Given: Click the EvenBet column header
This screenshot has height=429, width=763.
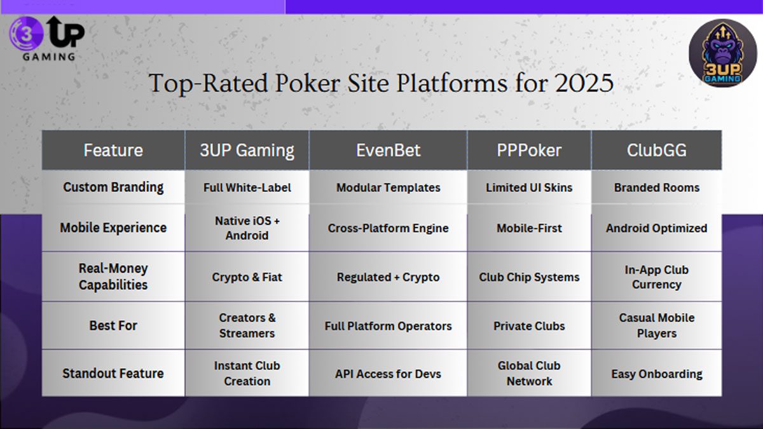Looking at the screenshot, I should [388, 151].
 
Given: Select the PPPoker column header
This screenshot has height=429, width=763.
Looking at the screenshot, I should [529, 151].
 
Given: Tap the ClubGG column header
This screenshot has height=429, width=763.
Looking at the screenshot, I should [656, 151].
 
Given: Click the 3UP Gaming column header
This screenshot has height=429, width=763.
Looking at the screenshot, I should [247, 151].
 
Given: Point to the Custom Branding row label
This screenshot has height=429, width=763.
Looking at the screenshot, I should [113, 187].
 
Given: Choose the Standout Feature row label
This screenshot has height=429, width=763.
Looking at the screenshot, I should [113, 373].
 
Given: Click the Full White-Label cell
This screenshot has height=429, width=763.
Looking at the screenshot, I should [247, 187].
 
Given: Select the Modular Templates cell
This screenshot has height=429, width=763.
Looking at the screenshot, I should [388, 187].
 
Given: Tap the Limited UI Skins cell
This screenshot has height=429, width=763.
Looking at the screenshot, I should [529, 187].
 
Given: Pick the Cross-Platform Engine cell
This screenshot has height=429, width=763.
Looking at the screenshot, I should [388, 228].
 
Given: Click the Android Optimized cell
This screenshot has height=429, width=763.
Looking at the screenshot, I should [656, 228].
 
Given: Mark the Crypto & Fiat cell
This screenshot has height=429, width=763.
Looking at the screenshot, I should [247, 277].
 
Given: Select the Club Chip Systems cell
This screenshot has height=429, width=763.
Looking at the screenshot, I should [529, 277].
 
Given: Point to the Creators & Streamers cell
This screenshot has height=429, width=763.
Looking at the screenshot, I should [247, 325].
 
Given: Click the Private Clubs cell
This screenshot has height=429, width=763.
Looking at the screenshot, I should [529, 325].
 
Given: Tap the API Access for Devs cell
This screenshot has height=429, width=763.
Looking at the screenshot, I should [388, 373].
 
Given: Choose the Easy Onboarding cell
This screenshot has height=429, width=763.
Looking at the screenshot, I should [656, 373].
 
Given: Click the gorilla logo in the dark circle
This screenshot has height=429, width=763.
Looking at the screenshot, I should [722, 53].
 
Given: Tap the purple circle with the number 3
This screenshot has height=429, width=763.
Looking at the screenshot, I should [25, 32].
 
